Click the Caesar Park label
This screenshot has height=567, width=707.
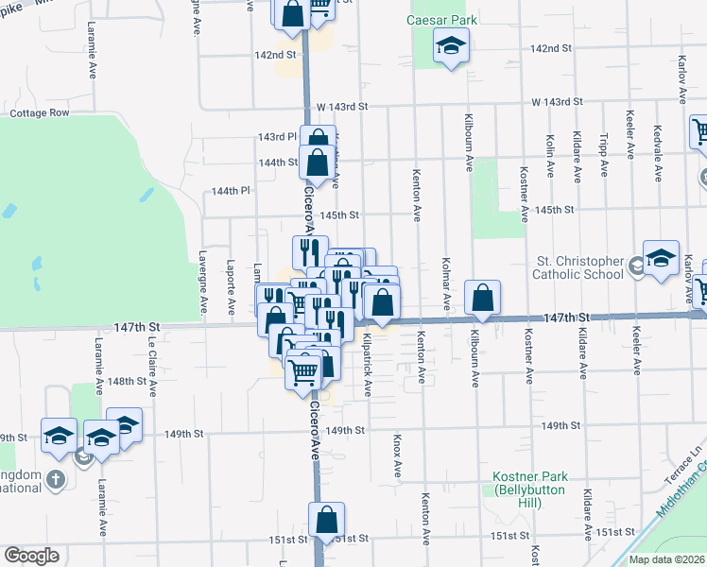click(x=442, y=20)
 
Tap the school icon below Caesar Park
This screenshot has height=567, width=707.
click(x=452, y=45)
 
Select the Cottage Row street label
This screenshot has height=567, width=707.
click(x=40, y=112)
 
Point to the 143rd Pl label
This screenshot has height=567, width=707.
click(x=277, y=137)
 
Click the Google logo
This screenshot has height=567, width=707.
click(x=31, y=556)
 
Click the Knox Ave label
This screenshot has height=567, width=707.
click(x=397, y=455)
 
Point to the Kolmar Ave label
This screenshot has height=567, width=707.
click(x=445, y=284)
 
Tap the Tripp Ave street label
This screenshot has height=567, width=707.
click(x=604, y=154)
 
